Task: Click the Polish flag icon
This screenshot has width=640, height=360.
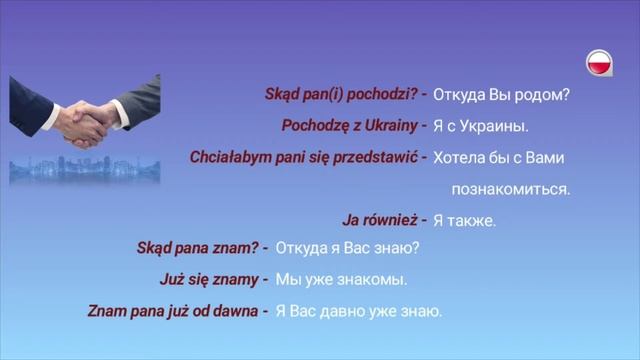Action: tap(601, 63)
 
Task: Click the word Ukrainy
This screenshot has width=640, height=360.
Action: tap(387, 126)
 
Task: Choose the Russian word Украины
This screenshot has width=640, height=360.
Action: tap(496, 126)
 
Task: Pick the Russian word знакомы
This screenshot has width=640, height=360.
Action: tap(376, 280)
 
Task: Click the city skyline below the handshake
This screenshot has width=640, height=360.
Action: tap(84, 168)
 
